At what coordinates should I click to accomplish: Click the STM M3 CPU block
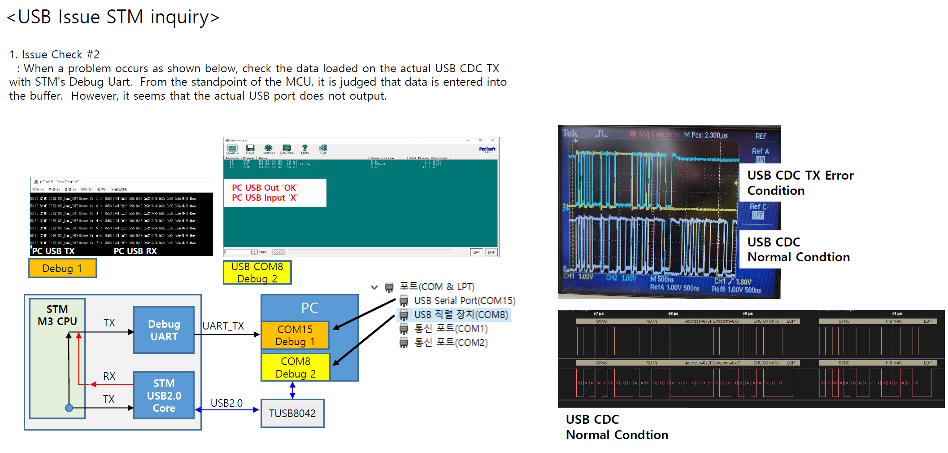[57, 315]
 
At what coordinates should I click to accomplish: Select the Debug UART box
[164, 330]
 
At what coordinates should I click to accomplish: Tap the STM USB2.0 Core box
[164, 396]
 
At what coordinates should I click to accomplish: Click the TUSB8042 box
[292, 413]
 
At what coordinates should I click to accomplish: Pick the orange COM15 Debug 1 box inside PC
[295, 335]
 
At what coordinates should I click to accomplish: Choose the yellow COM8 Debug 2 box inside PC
[296, 367]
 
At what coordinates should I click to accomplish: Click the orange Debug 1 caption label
[62, 268]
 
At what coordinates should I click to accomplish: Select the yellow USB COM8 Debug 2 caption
[257, 273]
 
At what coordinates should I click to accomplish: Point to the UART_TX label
[223, 326]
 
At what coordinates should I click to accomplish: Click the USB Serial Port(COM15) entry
[464, 300]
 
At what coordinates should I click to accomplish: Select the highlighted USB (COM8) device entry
[461, 315]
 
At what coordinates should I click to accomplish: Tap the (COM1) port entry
[450, 329]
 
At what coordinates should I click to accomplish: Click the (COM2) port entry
[450, 343]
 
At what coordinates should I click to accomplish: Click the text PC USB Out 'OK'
[265, 188]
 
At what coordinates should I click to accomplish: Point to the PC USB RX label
[135, 251]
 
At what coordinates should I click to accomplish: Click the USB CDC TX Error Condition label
[800, 183]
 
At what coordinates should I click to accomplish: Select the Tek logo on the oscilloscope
[570, 133]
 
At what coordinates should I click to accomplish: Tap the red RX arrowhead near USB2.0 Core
[93, 384]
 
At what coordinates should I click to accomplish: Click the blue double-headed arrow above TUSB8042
[292, 390]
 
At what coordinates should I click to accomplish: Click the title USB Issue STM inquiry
[113, 17]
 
